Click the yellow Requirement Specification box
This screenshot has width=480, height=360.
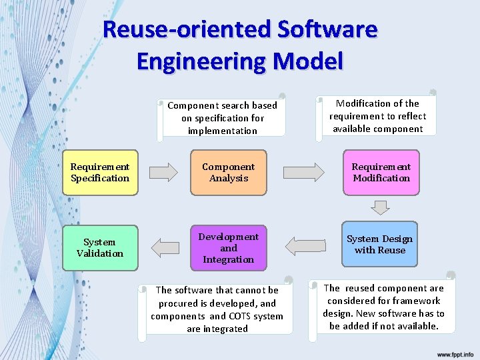click(x=100, y=173)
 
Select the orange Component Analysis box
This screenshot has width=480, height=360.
click(x=229, y=173)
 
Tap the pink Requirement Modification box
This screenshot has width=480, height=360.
click(x=381, y=173)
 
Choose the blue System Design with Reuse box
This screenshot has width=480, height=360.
click(x=380, y=245)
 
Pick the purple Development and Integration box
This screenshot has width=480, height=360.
click(x=229, y=248)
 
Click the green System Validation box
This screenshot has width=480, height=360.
click(x=100, y=248)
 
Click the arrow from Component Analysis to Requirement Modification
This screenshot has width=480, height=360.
click(x=303, y=173)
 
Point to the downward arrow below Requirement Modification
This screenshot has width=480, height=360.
click(x=380, y=207)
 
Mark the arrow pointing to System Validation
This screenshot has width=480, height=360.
click(x=165, y=248)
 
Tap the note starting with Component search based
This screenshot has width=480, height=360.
click(x=222, y=118)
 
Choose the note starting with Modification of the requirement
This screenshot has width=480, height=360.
click(x=378, y=116)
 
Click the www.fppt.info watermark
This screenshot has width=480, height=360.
click(x=455, y=354)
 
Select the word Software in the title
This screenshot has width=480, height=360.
click(x=327, y=29)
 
